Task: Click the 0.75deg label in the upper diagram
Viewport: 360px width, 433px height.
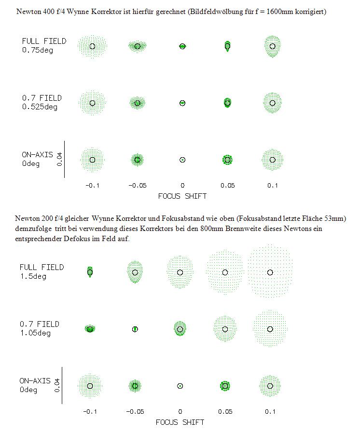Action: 38,50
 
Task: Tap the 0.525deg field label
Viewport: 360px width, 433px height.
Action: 40,107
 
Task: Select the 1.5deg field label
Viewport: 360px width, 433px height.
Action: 33,276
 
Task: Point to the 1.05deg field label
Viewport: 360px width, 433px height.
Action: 35,333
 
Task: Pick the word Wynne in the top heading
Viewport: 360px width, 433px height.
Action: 78,12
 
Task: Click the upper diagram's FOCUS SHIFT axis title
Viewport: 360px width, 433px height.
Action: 182,196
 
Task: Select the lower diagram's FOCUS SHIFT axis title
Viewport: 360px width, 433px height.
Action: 180,422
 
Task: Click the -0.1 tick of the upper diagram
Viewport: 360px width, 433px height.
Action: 92,186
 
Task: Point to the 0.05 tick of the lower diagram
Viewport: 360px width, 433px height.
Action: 225,412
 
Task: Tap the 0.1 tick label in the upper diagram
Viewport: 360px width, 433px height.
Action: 273,186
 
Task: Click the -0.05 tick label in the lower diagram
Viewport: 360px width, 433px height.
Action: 135,412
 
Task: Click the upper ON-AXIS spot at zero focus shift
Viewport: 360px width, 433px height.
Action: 182,160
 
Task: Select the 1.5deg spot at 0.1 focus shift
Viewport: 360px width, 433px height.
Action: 270,271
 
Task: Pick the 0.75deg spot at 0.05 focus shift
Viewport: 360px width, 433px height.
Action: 227,46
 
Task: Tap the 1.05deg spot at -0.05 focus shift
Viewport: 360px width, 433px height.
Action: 135,329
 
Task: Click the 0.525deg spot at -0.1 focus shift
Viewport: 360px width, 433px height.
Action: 92,103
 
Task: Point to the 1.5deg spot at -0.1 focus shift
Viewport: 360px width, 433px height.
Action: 90,272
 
